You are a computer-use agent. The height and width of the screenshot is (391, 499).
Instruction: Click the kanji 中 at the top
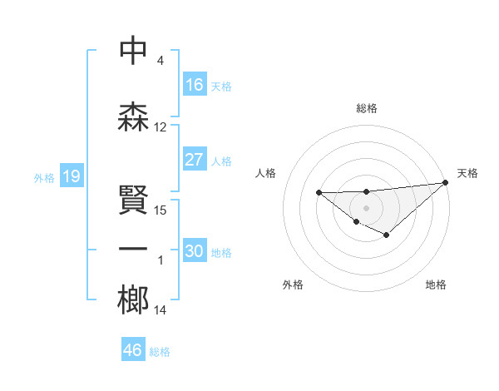[133, 51]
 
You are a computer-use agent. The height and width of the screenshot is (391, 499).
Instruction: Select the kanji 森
[133, 116]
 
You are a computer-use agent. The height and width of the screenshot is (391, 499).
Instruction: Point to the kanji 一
[133, 249]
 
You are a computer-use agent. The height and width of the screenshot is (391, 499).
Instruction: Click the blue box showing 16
[195, 85]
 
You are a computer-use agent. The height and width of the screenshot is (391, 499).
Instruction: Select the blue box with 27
[195, 160]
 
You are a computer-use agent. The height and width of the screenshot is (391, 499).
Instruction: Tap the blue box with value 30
[195, 251]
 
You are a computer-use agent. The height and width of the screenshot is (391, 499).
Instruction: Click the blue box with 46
[133, 350]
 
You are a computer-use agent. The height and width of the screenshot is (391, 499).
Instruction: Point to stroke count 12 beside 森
[161, 127]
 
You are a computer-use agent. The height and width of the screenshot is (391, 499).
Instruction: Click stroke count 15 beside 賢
[161, 210]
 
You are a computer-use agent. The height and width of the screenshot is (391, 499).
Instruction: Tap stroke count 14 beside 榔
[161, 310]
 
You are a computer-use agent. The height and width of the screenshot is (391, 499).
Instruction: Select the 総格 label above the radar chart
[367, 109]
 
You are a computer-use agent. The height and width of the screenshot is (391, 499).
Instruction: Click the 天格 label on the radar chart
[467, 173]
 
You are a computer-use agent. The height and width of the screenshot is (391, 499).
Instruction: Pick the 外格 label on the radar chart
[293, 285]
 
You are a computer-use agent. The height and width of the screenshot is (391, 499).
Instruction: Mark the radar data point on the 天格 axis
[447, 182]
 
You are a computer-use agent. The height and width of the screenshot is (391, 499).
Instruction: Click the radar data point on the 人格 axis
[319, 193]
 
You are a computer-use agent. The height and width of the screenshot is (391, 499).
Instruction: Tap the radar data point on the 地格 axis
[387, 235]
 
